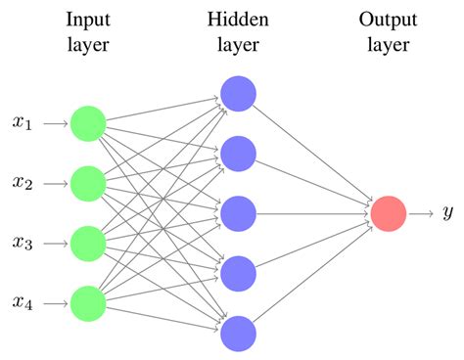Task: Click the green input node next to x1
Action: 88,123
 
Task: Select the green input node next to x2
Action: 88,183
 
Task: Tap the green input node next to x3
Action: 88,243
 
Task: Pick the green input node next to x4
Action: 88,302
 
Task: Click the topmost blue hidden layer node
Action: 238,93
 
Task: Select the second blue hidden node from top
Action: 238,153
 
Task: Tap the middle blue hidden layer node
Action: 238,212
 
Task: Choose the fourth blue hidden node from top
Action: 238,273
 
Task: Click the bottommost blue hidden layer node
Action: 238,333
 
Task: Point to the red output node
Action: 388,213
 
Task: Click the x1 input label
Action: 23,123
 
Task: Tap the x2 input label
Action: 23,183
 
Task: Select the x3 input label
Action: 23,243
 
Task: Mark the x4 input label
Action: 23,302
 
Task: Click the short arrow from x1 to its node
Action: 54,123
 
